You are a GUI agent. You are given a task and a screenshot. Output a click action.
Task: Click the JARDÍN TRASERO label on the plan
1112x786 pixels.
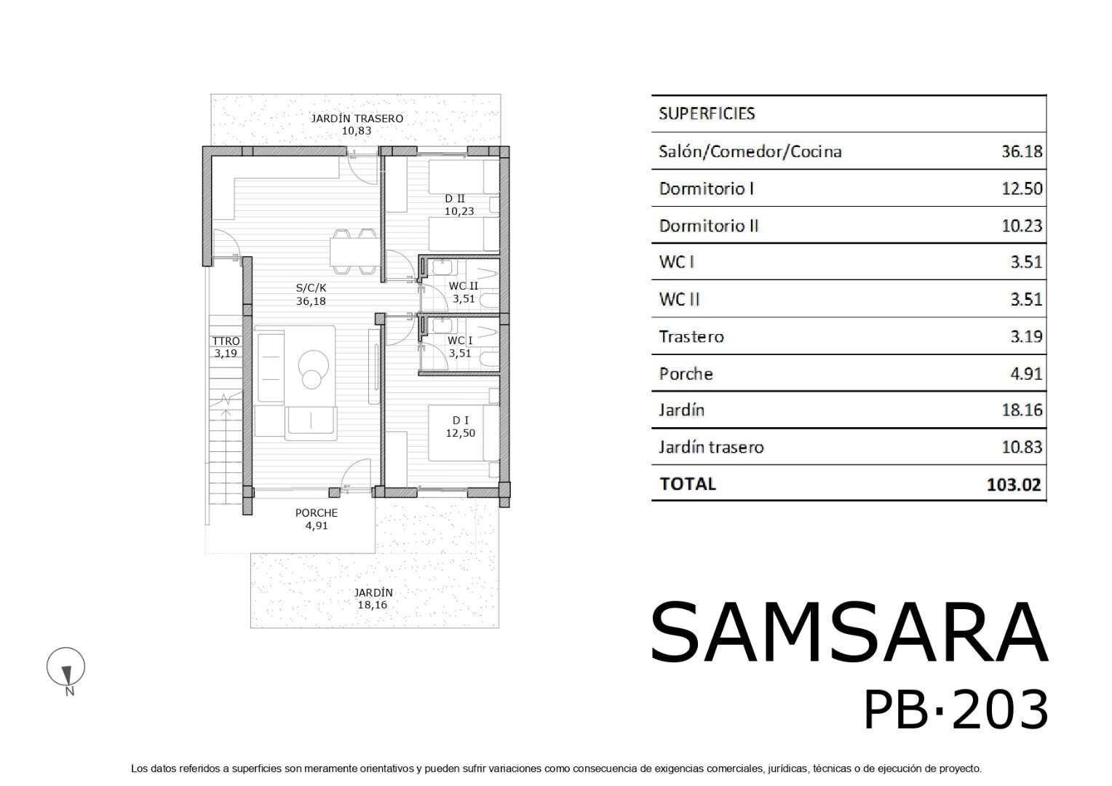point(357,119)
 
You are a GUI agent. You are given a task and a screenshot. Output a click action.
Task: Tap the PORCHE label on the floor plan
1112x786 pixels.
point(317,513)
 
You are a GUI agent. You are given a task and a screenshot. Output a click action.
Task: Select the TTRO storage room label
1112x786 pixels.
point(226,341)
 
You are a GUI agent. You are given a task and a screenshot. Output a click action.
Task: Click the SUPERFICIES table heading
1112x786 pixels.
point(707,114)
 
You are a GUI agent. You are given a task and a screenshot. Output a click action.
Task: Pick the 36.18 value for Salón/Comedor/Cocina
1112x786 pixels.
point(1022,151)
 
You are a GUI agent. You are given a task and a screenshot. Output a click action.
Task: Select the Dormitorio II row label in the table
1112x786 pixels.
point(708,226)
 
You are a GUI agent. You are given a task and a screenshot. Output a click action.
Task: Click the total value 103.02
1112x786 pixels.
point(1014,484)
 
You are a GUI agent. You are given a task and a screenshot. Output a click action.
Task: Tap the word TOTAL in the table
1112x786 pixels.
point(688,484)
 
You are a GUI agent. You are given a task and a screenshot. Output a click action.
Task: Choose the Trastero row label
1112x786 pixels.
point(691,337)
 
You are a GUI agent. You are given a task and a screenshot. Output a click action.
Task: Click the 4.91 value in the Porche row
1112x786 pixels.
point(1026,373)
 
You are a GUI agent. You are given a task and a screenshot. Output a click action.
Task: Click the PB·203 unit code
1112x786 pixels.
point(956,710)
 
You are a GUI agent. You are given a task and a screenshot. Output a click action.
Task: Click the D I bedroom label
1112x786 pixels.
point(460,421)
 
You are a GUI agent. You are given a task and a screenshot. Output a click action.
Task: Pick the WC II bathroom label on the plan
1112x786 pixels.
point(463,287)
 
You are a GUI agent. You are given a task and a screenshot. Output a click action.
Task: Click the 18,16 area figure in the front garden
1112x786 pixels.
point(373,605)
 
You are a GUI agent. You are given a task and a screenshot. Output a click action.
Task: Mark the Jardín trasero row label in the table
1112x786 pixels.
point(711,447)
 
